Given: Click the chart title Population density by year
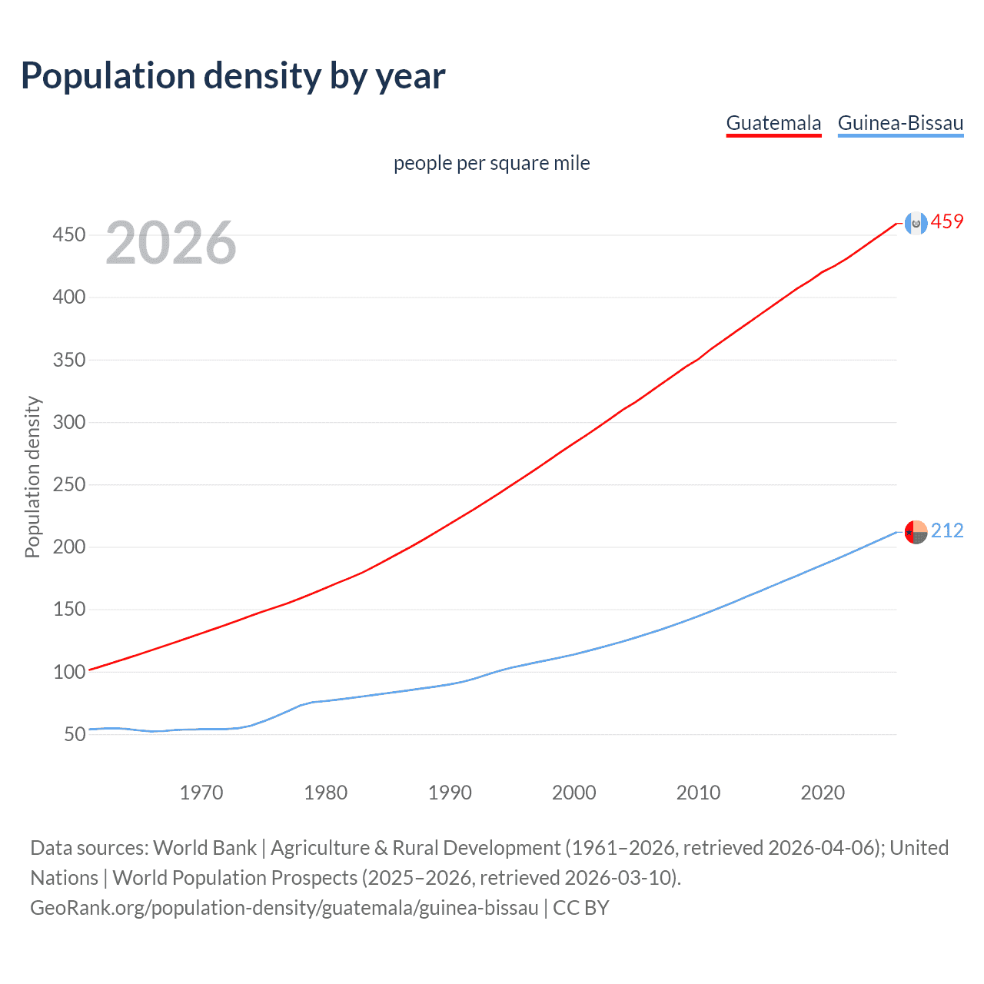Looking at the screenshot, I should pos(233,76).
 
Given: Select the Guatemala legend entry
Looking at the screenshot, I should pos(773,123).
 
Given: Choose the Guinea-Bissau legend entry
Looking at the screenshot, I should pos(900,123).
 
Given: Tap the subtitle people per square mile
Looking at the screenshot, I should pos(491,163).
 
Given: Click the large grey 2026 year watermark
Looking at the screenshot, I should pos(171,243).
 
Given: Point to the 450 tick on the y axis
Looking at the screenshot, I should pos(68,234).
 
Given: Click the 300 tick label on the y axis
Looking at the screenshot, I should pos(68,422).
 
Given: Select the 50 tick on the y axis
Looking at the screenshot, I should pos(75,734).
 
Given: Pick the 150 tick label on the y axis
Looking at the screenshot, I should pos(68,610).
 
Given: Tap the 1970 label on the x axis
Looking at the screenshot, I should pos(201,793).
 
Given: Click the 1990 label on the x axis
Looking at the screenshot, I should pos(450,793).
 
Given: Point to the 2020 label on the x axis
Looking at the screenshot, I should pos(823,793).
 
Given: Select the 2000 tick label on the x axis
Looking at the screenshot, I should pos(574,793).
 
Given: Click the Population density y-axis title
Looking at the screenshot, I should pos(32,477).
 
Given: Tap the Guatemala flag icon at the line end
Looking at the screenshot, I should pos(916,223).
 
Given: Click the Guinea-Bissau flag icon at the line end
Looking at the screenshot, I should pos(916,531).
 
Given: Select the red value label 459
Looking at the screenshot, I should pos(947,222).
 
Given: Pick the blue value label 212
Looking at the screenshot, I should pos(947,530).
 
